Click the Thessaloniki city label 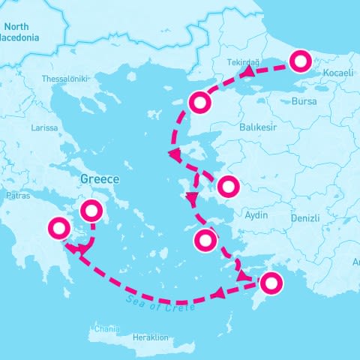(x=66, y=79)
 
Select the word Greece (x=100, y=180)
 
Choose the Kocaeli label (x=337, y=73)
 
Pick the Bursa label (x=304, y=101)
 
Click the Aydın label (x=256, y=215)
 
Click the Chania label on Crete (x=106, y=329)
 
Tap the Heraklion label (x=150, y=337)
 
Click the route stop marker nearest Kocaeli (x=300, y=60)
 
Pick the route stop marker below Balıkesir (x=227, y=185)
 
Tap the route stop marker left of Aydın (x=205, y=241)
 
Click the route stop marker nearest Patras (x=58, y=226)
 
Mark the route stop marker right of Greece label (x=91, y=211)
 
